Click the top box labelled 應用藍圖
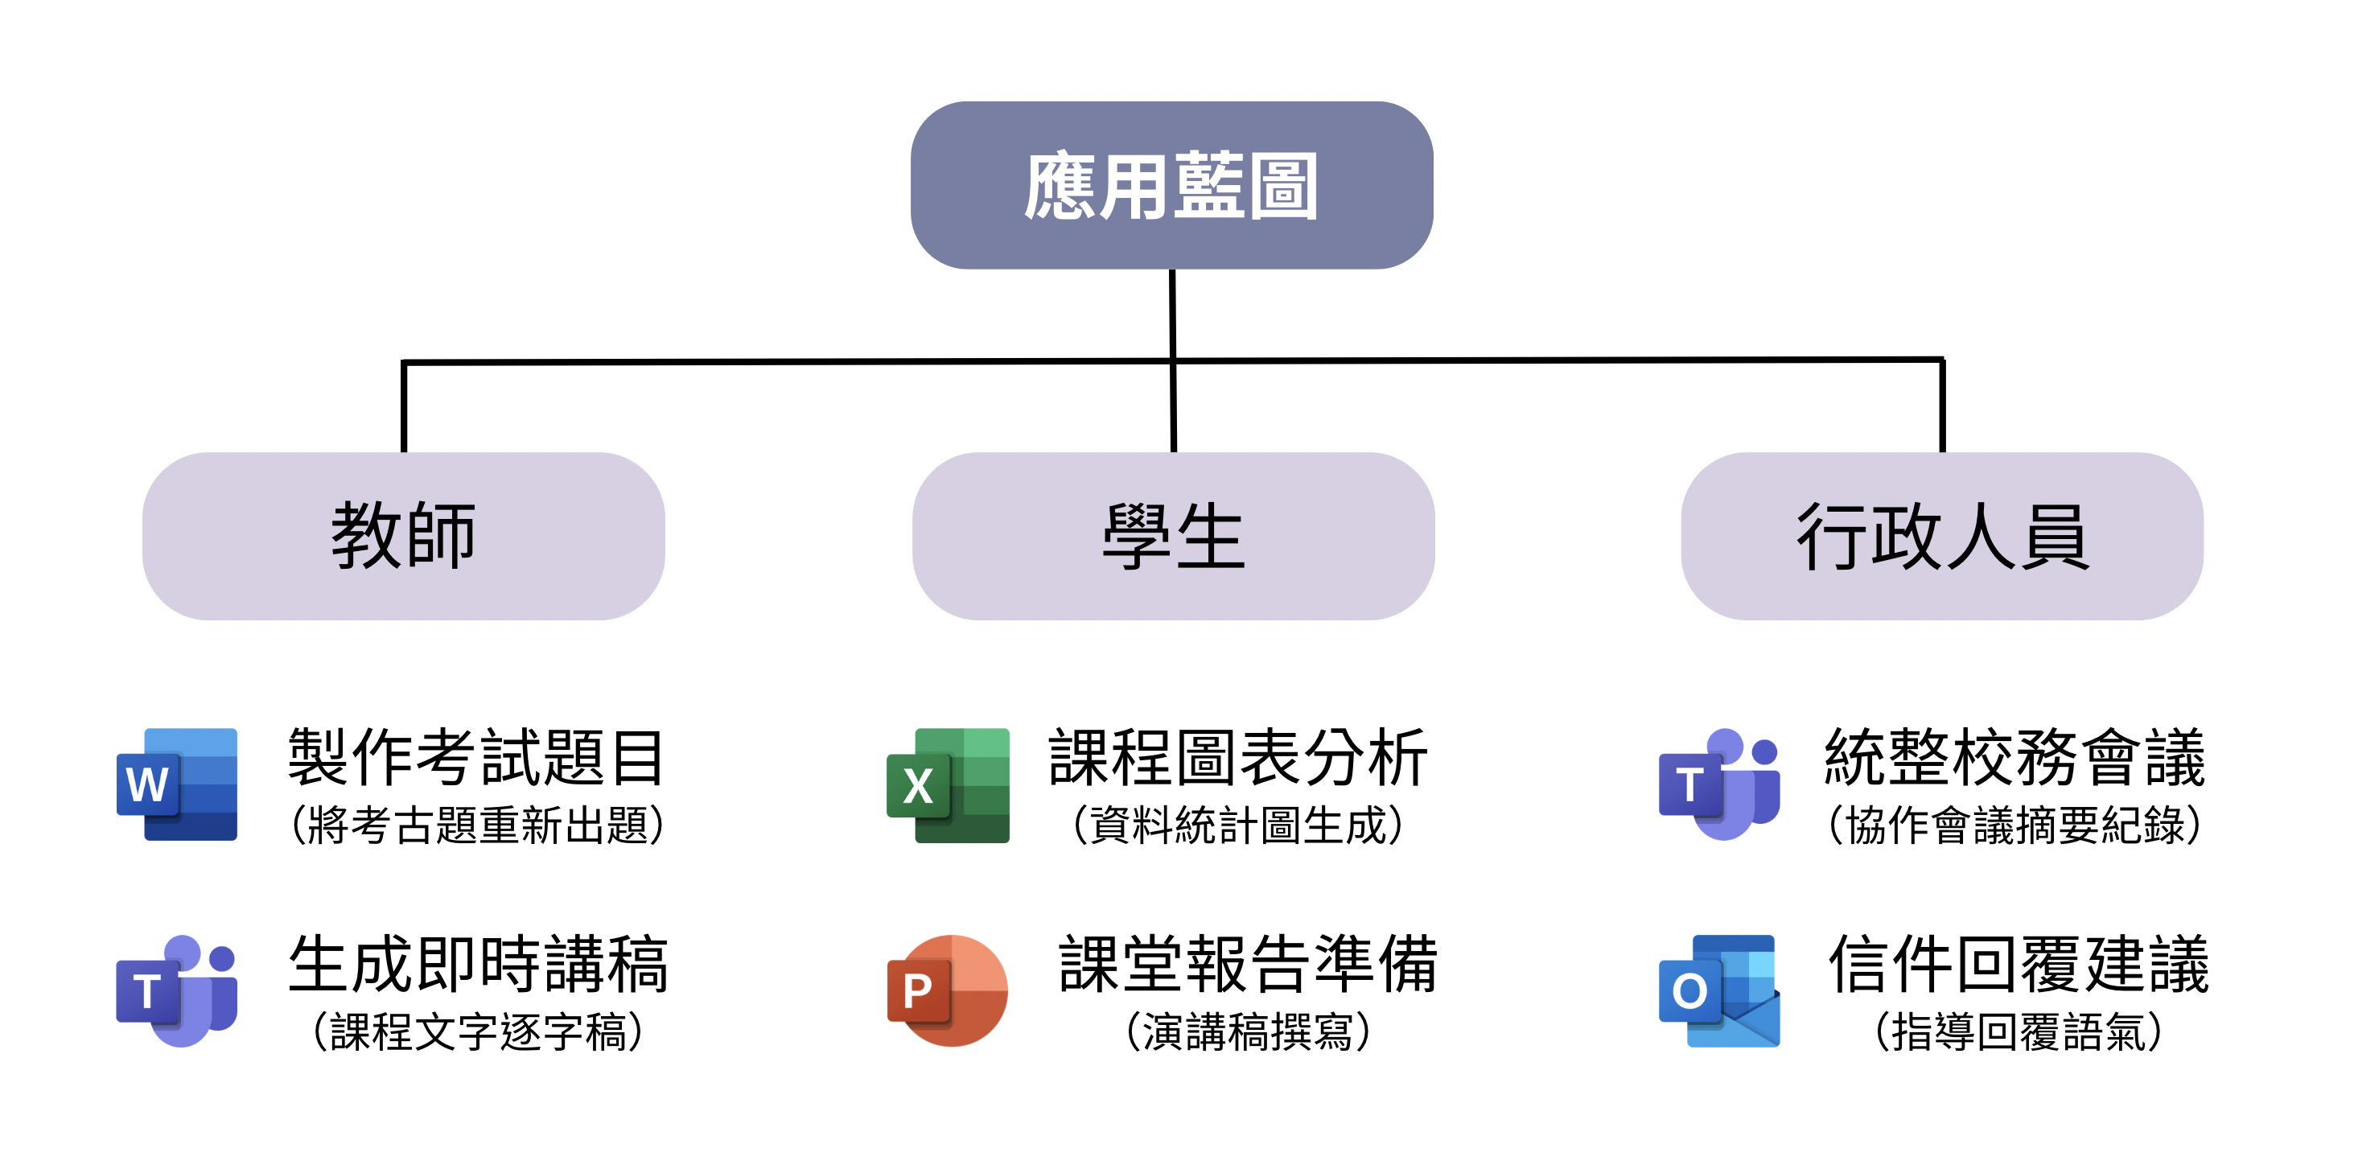coord(1171,186)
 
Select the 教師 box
coord(403,537)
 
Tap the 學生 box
coord(1173,537)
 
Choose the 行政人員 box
coord(1942,537)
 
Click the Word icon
coord(177,784)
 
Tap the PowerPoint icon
coord(949,990)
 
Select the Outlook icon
coord(1719,990)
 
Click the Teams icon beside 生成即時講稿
coord(177,990)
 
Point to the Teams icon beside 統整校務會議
coord(1719,784)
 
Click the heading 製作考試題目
coord(476,756)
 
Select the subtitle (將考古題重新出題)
coord(476,826)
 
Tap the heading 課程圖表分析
coord(1237,756)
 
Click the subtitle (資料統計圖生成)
coord(1237,826)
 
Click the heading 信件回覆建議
coord(2018,963)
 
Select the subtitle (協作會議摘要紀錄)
coord(2014,826)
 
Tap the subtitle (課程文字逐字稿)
coord(476,1032)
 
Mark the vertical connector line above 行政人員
coord(1942,405)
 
